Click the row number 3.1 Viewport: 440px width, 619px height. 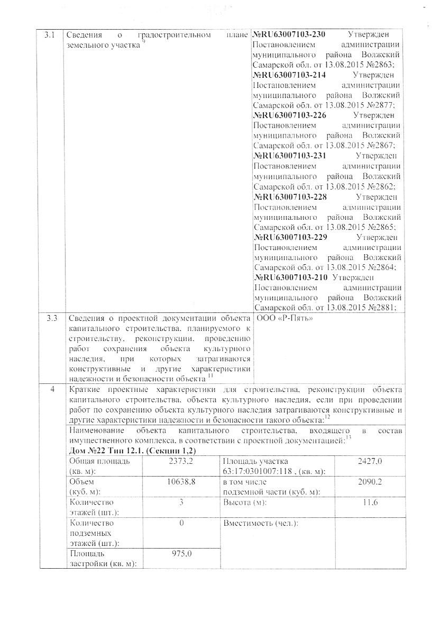(49, 35)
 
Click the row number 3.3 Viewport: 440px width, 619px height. (51, 319)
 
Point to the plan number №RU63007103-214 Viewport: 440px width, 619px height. (290, 75)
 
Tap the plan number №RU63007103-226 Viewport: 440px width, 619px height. (290, 115)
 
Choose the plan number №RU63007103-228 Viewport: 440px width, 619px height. (290, 196)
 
